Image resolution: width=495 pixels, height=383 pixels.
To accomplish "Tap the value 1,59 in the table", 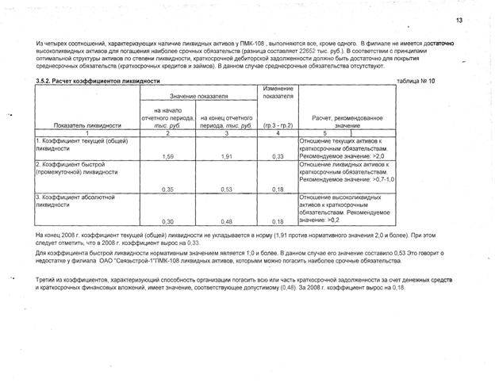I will (167, 157).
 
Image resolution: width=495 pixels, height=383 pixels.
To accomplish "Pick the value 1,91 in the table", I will (226, 157).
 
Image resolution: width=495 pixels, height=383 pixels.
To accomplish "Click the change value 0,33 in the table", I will (278, 157).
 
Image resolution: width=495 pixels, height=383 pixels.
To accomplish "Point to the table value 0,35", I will (167, 190).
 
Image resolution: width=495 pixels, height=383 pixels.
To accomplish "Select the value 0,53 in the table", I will (226, 190).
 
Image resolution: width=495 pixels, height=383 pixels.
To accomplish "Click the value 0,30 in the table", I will (167, 222).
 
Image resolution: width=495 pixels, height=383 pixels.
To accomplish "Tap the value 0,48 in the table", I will (226, 222).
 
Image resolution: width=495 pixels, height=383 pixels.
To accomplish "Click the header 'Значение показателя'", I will (198, 96).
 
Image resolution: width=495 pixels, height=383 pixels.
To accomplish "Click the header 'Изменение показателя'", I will (278, 92).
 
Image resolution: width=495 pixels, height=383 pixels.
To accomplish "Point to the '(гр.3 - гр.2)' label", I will (278, 125).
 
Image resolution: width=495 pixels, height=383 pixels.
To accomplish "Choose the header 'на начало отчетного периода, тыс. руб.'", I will (168, 117).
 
